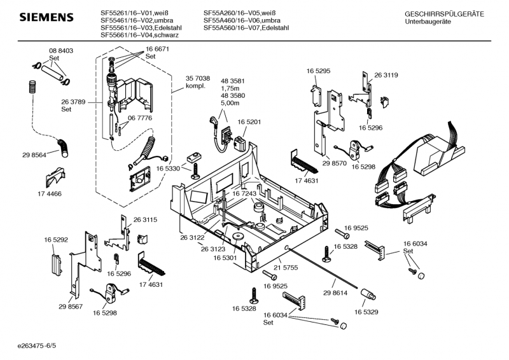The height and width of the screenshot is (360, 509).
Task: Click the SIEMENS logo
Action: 44,17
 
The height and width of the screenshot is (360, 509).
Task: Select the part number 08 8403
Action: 61,50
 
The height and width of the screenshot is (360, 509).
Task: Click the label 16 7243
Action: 244,193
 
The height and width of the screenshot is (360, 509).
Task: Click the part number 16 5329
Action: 367,312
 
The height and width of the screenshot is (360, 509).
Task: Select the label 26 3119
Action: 386,75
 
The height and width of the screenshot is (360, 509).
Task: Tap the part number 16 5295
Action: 318,71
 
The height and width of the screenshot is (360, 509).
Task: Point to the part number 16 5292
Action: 56,239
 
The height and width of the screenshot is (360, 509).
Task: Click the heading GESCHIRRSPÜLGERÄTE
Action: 444,14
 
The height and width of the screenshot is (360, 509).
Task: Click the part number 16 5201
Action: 250,121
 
